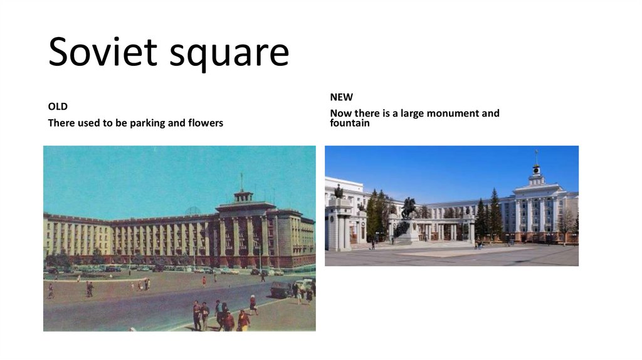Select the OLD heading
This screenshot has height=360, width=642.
coord(58,107)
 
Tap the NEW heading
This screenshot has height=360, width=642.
coord(342,97)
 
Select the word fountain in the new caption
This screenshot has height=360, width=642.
coord(350,123)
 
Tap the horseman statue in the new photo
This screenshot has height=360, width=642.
coord(409,209)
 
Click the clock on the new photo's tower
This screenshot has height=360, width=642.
coord(536,169)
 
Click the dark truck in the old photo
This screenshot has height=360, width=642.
coord(280,289)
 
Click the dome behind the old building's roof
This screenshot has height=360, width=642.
coord(192,211)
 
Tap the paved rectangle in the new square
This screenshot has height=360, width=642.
coord(464,251)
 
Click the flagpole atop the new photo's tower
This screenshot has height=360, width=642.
coord(536,156)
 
